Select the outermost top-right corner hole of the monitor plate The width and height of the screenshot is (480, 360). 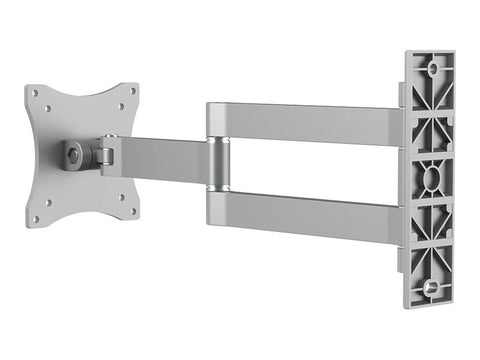134,89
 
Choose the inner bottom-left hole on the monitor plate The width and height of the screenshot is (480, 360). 47,205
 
